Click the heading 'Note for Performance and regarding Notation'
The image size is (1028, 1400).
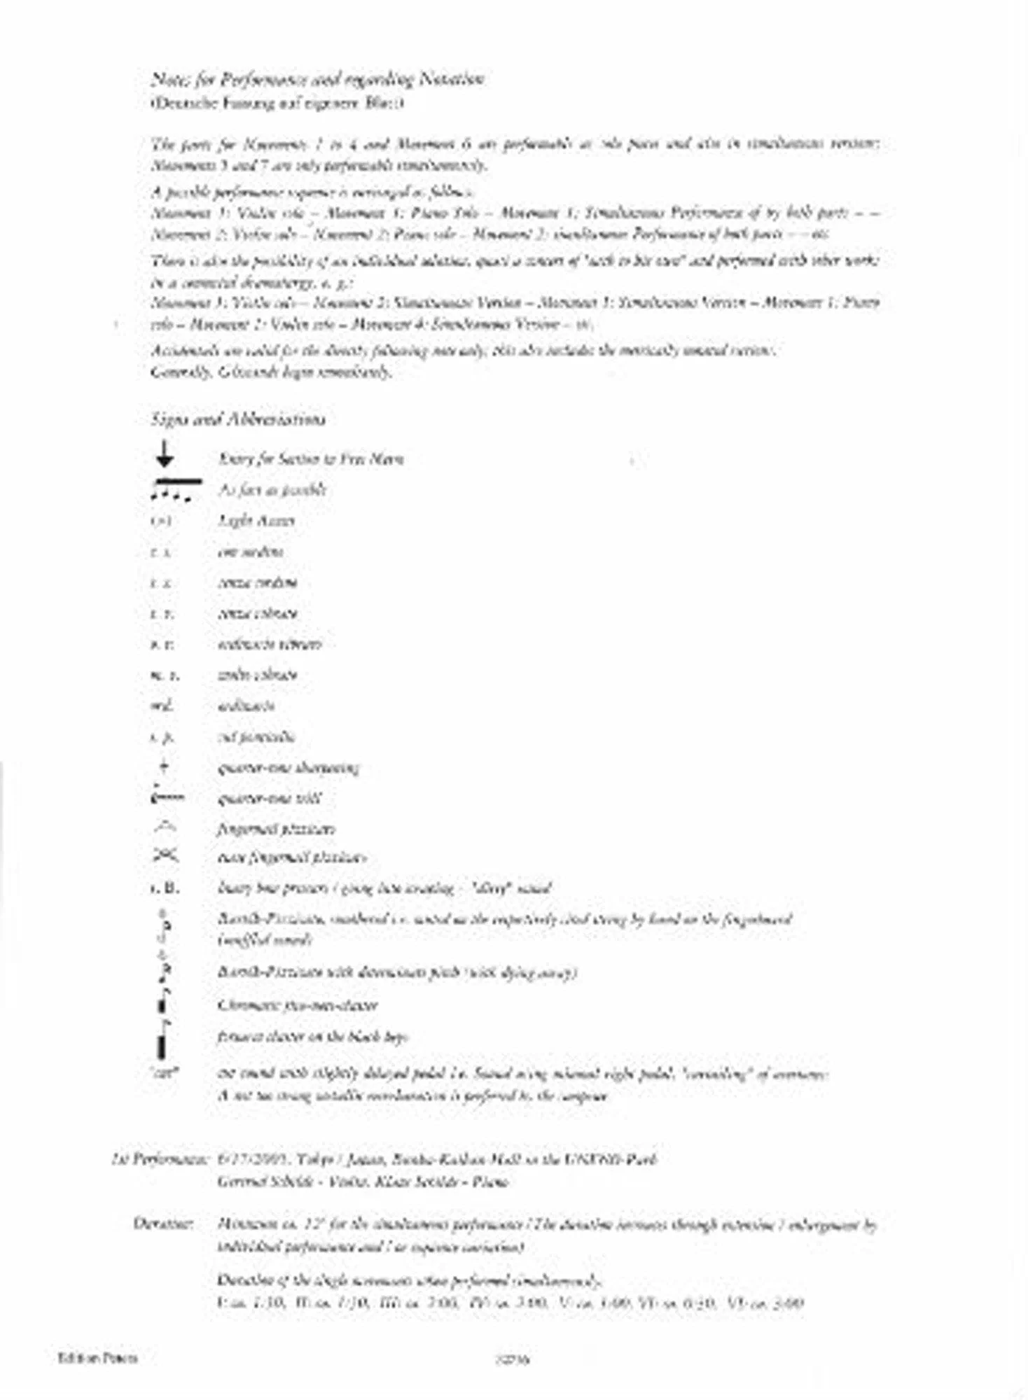(x=317, y=79)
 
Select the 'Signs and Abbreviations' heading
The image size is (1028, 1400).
(x=238, y=419)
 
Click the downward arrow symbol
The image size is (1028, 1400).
(x=165, y=454)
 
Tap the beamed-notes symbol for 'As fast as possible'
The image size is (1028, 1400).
(x=175, y=490)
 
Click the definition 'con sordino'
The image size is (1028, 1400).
(x=251, y=552)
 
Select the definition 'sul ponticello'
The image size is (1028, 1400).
(x=256, y=736)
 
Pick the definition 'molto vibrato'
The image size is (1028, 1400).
(x=258, y=675)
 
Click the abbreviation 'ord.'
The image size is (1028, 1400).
(x=162, y=706)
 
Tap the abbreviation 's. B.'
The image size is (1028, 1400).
(x=165, y=888)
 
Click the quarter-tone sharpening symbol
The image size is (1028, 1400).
(x=164, y=767)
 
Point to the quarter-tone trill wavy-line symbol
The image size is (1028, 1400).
(x=167, y=797)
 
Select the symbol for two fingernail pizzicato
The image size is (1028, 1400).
(x=166, y=856)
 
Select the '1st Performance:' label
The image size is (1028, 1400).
(x=160, y=1159)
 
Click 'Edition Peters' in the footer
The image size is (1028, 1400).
(x=98, y=1358)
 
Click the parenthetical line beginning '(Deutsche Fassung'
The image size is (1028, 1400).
(x=277, y=104)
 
